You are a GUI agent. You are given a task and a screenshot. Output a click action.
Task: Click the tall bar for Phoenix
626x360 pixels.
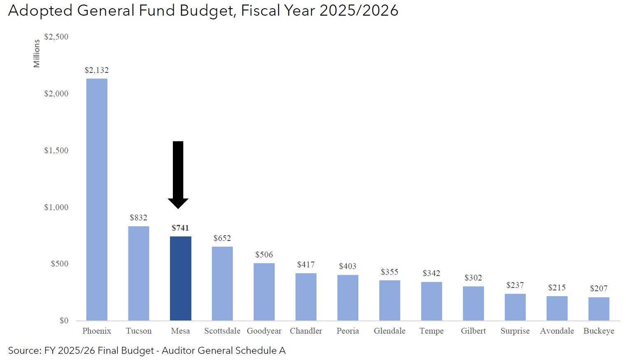[x=97, y=199]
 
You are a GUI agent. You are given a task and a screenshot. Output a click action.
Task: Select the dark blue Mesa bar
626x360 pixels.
[x=180, y=278]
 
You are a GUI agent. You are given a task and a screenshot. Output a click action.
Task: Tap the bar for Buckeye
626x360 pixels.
[x=598, y=309]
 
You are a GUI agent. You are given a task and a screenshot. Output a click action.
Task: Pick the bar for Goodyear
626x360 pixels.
[x=264, y=292]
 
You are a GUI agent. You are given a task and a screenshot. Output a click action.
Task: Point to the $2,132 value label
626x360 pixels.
[x=97, y=70]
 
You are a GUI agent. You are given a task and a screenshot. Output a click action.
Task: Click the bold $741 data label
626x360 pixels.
[x=180, y=228]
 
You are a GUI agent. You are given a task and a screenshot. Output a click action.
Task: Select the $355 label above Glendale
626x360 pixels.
[x=389, y=272]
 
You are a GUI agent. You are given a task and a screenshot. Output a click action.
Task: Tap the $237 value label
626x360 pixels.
[x=515, y=285]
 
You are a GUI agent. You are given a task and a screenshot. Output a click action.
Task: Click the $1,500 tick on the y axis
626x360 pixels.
[x=56, y=150]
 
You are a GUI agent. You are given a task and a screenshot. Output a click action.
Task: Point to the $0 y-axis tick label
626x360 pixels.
[x=64, y=320]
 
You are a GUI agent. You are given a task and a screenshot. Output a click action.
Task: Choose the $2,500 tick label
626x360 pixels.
[x=56, y=37]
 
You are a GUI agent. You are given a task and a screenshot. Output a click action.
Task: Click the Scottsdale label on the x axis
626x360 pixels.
[x=222, y=331]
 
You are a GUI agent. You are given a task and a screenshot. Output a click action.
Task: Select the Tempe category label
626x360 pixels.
[x=431, y=331]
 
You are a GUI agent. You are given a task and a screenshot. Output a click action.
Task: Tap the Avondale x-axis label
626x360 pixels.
[x=557, y=331]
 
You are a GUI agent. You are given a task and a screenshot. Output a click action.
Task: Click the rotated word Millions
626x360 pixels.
[x=37, y=54]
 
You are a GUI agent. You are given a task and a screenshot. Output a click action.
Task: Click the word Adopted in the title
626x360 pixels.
[x=40, y=11]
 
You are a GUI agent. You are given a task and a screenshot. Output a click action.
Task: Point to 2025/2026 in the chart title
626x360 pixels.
[x=359, y=11]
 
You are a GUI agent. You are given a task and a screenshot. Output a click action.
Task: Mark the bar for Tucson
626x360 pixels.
[x=138, y=273]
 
